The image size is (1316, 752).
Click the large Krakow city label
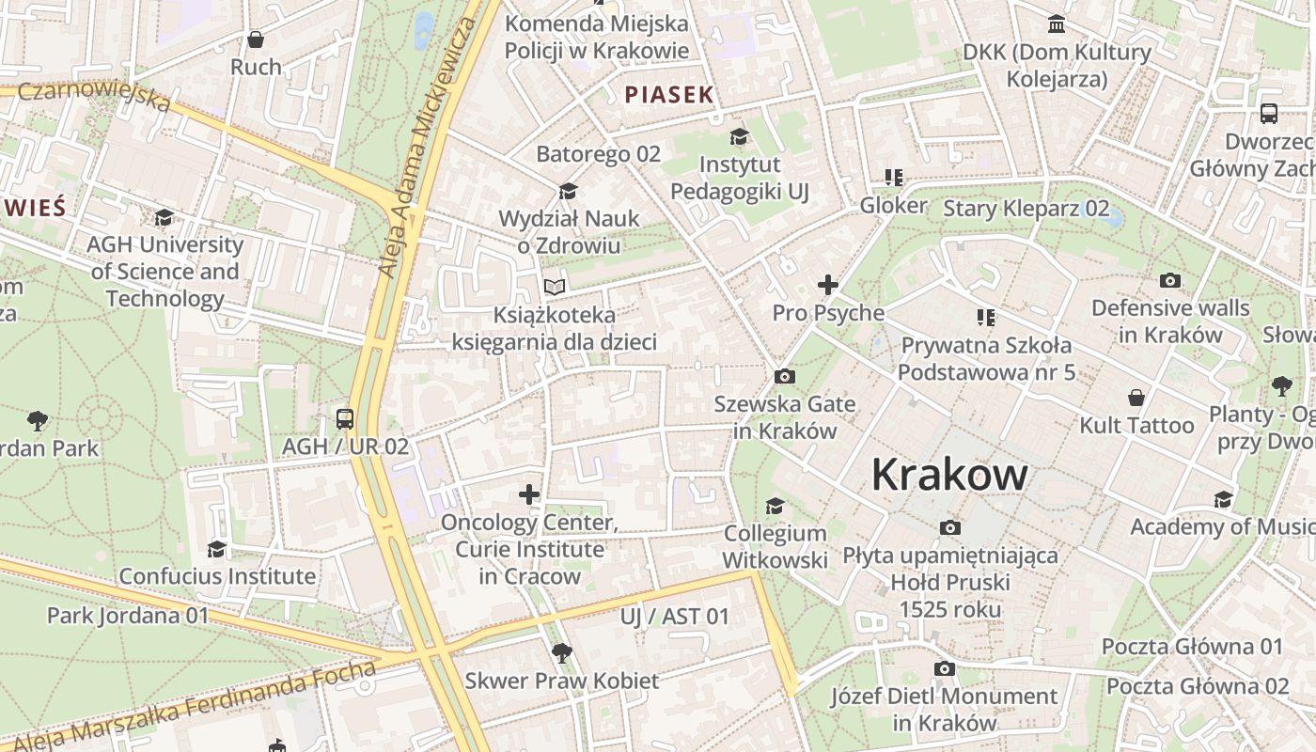pos(949,475)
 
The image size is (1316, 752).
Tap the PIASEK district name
pos(669,95)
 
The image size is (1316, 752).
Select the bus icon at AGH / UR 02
pos(345,418)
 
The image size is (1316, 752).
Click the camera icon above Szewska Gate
pos(785,377)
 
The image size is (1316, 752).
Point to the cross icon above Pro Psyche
pos(828,285)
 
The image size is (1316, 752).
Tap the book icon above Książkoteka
pos(555,287)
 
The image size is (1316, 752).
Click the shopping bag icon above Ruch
pos(255,39)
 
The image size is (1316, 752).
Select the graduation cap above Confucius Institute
pos(217,549)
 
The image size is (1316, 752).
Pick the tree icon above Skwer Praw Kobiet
pos(562,652)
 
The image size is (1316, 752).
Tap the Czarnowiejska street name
pos(94,95)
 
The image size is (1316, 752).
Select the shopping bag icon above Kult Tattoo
pos(1136,398)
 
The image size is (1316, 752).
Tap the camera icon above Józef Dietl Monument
pos(945,668)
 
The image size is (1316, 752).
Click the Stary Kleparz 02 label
pos(1026,209)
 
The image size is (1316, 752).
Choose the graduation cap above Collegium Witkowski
pos(775,506)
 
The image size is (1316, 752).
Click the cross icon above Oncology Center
pos(529,493)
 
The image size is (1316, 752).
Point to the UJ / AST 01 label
pos(675,617)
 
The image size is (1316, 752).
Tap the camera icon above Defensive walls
pos(1170,280)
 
